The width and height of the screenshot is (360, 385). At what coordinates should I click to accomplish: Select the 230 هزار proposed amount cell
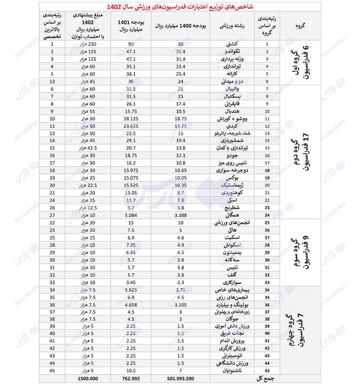click(x=88, y=44)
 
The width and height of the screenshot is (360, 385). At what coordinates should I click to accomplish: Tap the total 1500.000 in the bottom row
click(x=88, y=378)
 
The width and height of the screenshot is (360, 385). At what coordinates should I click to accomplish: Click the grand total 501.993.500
click(x=180, y=378)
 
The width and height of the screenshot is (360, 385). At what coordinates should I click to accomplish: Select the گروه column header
click(x=300, y=26)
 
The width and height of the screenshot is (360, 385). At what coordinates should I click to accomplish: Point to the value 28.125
click(x=130, y=118)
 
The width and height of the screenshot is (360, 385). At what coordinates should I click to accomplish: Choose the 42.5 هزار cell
click(x=88, y=148)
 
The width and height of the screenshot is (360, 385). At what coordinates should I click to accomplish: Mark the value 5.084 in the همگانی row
click(x=130, y=215)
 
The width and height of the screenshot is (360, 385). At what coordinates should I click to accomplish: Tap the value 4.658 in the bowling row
click(x=130, y=304)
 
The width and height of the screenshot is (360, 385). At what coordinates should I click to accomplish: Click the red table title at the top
click(x=180, y=7)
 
